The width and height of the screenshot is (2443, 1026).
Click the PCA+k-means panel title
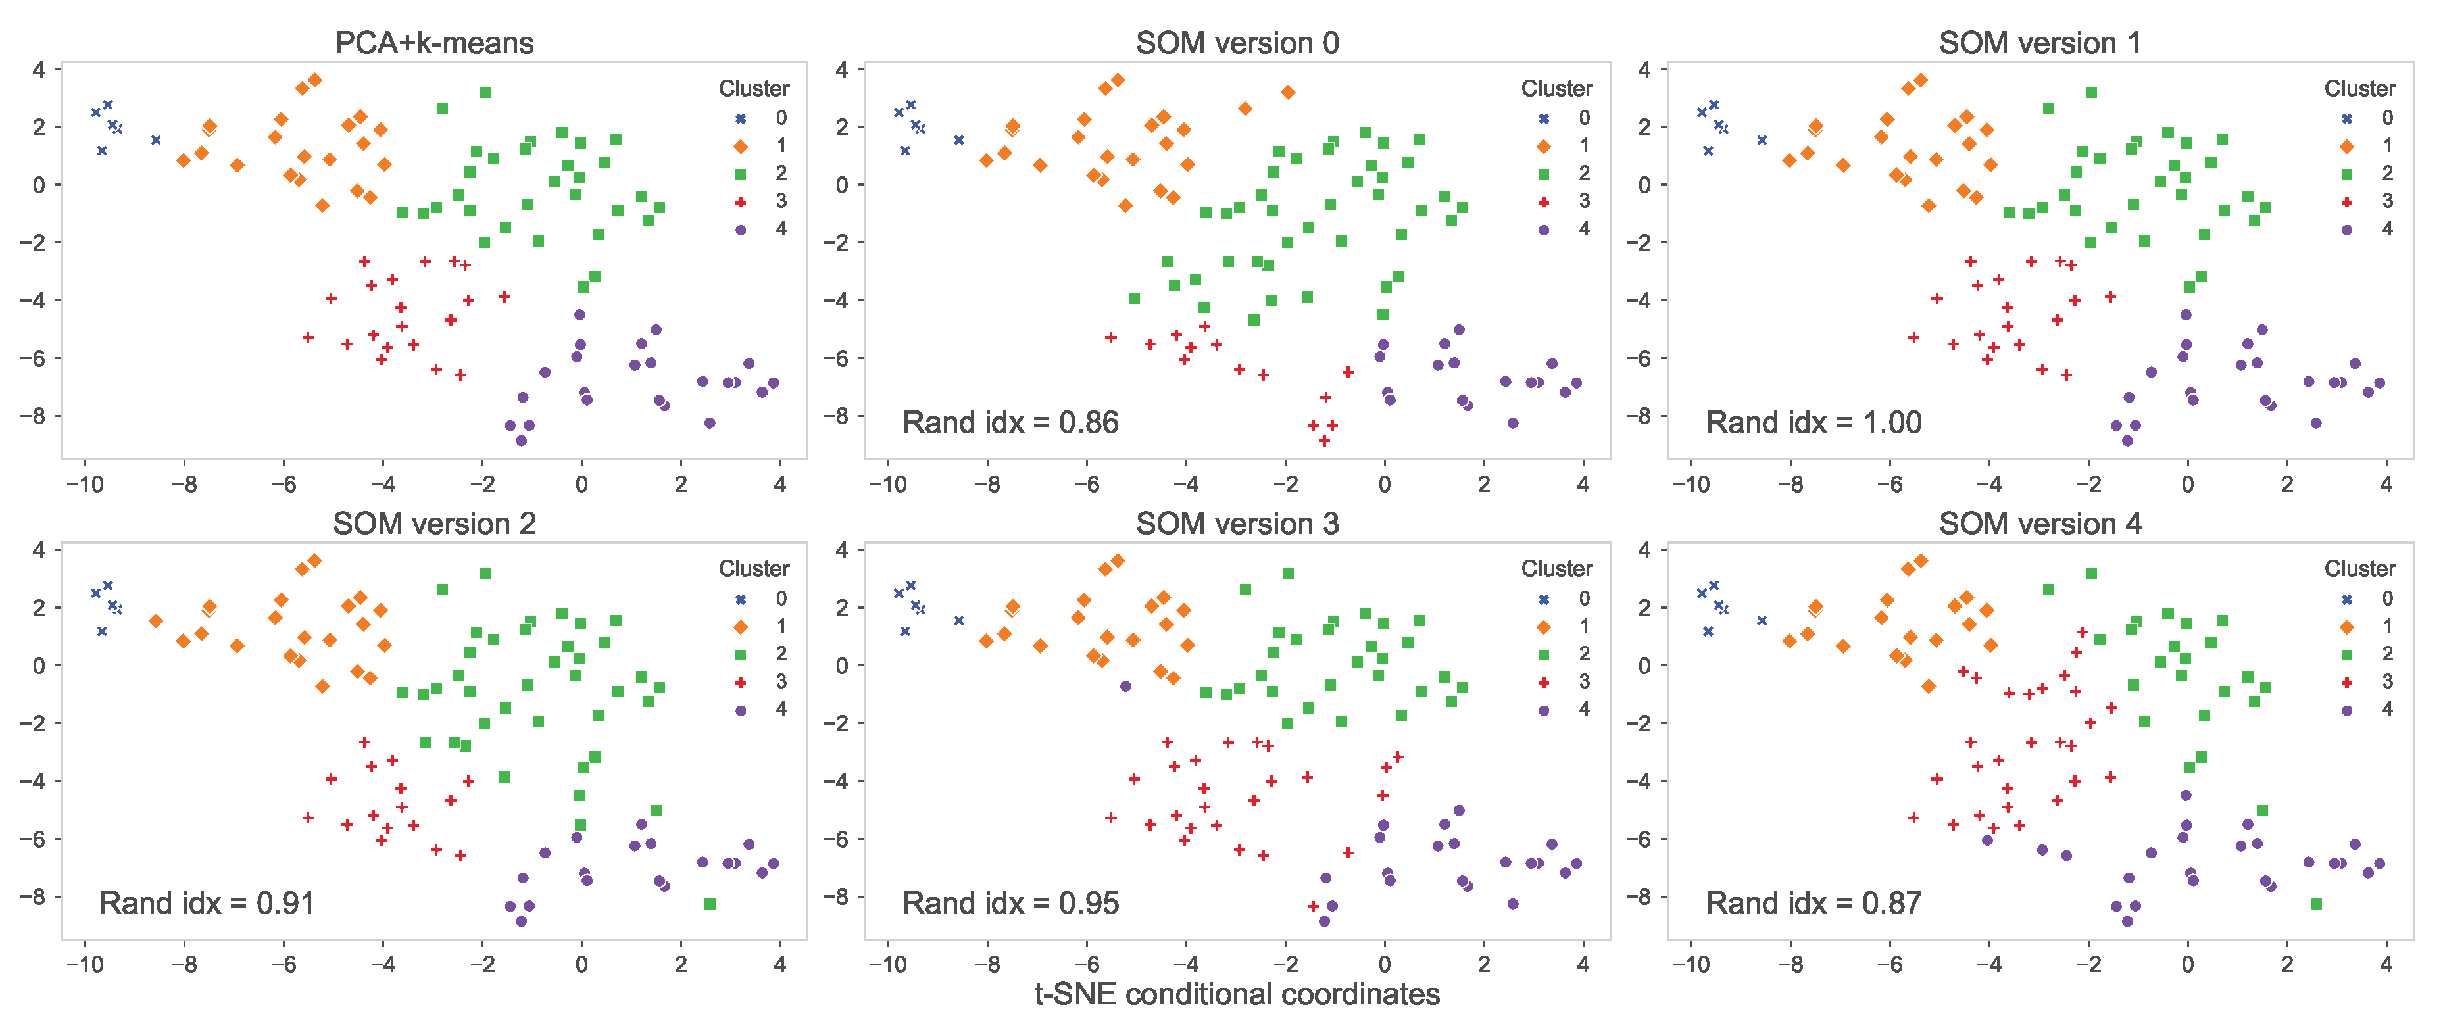click(433, 43)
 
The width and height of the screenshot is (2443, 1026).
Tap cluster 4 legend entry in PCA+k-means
click(758, 228)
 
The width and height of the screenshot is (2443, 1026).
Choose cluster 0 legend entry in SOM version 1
click(2365, 118)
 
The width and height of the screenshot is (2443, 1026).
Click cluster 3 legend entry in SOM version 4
click(2365, 681)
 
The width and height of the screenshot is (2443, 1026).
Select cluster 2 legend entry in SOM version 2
click(758, 653)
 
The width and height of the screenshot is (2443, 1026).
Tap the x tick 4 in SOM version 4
click(2386, 964)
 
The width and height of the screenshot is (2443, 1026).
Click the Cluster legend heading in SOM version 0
click(1556, 88)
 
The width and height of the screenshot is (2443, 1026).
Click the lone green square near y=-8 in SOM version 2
click(709, 904)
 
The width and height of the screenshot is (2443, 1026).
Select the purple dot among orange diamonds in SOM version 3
click(1125, 685)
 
